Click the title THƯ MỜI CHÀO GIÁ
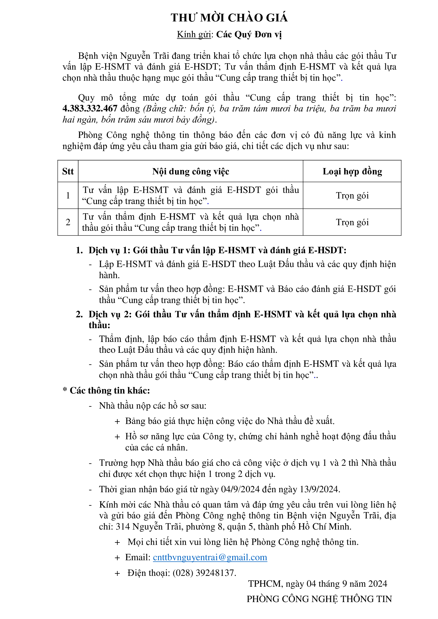(x=229, y=18)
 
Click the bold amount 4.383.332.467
(x=90, y=109)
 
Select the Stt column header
(x=68, y=171)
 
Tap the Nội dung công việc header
(x=190, y=171)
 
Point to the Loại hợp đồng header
(x=352, y=171)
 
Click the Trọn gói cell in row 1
(x=352, y=196)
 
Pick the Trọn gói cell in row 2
(x=352, y=222)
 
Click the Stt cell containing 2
(x=68, y=222)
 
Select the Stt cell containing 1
(x=68, y=196)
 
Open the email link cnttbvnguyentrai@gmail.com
(x=210, y=557)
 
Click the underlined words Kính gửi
(x=194, y=34)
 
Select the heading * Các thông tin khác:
(x=106, y=390)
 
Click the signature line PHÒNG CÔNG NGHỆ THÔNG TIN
(x=319, y=599)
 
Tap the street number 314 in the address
(x=123, y=527)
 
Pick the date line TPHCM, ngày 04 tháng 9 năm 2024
(x=318, y=584)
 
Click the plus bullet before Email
(x=117, y=558)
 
